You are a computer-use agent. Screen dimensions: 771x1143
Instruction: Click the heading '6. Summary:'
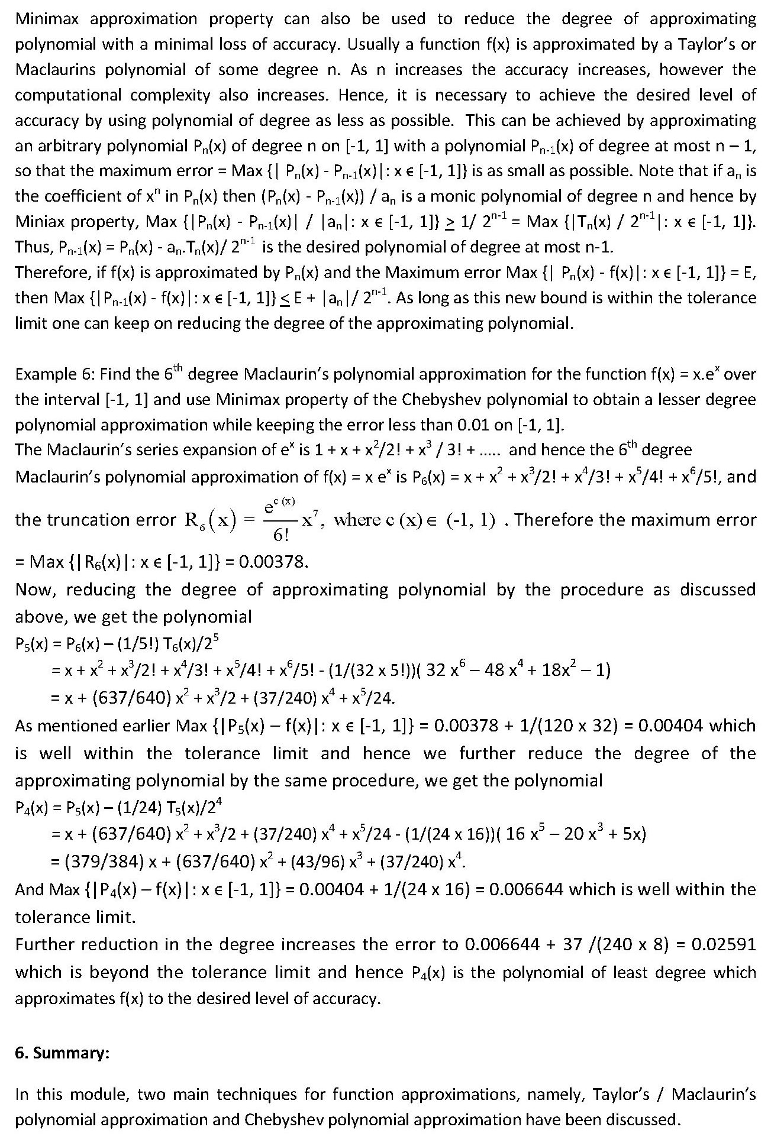62,1053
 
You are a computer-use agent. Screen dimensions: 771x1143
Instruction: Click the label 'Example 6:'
54,374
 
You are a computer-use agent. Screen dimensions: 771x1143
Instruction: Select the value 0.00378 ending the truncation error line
273,561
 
